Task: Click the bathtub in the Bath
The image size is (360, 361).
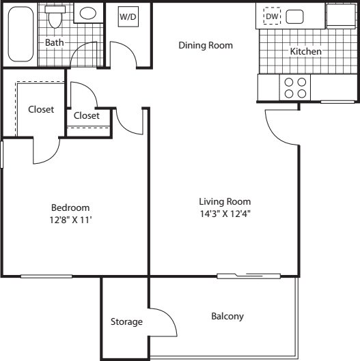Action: [x=20, y=34]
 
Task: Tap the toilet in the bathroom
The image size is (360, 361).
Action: [x=55, y=16]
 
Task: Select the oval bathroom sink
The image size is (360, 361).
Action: [x=88, y=13]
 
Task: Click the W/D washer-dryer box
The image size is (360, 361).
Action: [x=128, y=16]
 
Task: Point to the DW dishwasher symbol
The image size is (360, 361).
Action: [x=272, y=16]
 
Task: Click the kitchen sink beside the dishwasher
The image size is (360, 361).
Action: [x=294, y=17]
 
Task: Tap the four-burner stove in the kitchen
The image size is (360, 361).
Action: [x=295, y=87]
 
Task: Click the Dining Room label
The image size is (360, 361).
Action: [x=206, y=45]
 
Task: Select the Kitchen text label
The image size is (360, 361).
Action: [x=305, y=51]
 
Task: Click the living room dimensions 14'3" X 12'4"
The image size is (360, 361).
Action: [x=225, y=214]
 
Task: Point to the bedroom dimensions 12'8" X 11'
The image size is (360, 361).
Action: [x=71, y=220]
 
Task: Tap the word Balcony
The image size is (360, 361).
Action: [x=227, y=317]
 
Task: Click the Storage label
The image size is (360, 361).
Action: [x=126, y=322]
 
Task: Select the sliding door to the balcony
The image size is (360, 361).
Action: [x=249, y=276]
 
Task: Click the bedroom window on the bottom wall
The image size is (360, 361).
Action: [x=46, y=276]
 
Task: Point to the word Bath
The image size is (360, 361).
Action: [x=55, y=42]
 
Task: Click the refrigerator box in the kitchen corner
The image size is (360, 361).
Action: [x=341, y=16]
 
